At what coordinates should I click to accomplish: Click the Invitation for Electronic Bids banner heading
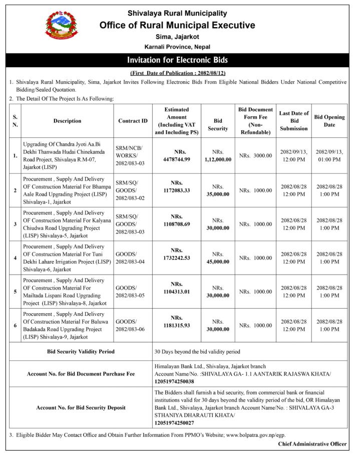tap(177, 60)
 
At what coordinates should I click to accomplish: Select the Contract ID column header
tap(133, 121)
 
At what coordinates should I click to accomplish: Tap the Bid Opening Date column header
tap(329, 121)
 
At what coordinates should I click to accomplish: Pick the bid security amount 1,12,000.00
tap(218, 156)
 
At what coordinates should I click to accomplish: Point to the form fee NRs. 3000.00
tap(255, 156)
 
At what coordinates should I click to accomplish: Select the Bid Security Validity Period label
tap(81, 351)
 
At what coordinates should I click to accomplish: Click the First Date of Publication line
tap(177, 73)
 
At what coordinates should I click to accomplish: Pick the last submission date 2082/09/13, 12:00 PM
tap(294, 156)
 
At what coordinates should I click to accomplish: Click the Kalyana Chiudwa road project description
tap(67, 224)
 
